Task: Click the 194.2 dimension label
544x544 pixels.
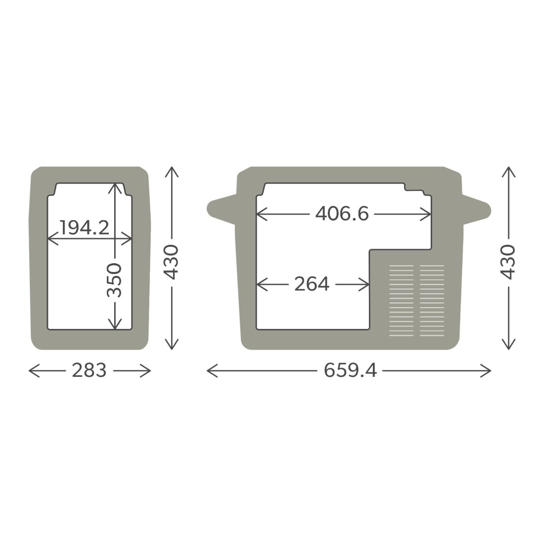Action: tap(85, 227)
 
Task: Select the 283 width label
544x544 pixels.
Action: tap(89, 370)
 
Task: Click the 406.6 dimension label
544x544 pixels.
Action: tap(342, 213)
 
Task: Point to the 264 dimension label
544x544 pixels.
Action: tap(312, 284)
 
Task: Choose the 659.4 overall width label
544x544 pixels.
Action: tap(350, 370)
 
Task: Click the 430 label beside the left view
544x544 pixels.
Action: tap(172, 262)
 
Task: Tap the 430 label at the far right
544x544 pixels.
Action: tap(508, 262)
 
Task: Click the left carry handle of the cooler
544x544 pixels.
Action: tap(222, 209)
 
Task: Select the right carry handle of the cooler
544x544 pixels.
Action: tap(476, 209)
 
